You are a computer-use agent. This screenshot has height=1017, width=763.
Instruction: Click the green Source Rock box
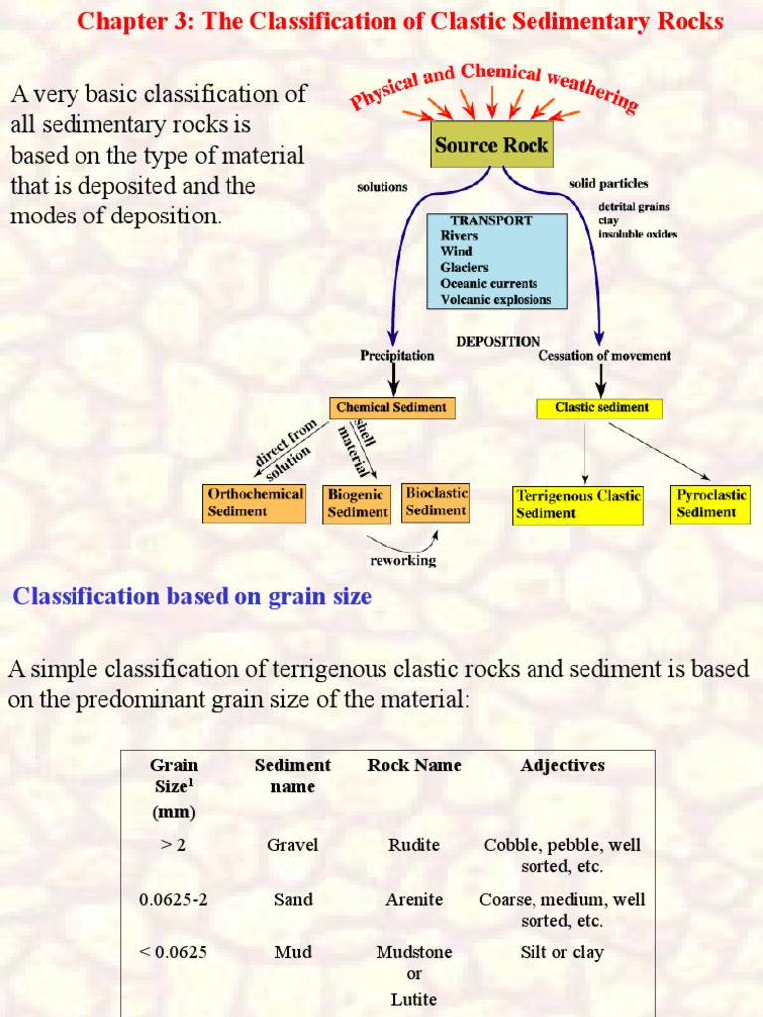tap(491, 145)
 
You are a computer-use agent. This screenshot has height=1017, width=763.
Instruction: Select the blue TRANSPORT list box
tap(497, 260)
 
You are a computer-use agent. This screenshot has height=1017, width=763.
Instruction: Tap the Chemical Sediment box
tap(392, 407)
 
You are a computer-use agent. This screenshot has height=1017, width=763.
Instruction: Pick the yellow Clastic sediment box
tap(599, 407)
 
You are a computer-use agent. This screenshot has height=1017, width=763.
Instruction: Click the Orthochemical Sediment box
tap(253, 503)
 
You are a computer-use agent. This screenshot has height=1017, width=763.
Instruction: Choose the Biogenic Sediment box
tap(358, 504)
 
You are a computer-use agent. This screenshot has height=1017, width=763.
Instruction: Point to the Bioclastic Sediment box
tap(436, 502)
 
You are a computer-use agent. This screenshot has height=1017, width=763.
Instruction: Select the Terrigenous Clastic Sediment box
tap(577, 505)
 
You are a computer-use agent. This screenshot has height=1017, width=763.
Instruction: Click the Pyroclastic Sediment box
tap(708, 504)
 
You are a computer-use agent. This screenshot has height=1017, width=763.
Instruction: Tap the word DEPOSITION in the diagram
tap(499, 341)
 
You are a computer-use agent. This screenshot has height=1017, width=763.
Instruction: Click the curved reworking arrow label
tap(402, 561)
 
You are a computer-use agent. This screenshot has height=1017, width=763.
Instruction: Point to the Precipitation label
tap(396, 355)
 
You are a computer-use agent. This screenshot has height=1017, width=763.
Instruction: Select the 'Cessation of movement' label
tap(604, 355)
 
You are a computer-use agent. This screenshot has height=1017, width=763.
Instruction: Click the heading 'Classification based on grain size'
tap(192, 596)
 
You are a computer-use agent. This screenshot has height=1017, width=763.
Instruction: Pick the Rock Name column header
tap(414, 765)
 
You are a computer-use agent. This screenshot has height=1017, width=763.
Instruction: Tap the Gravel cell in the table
tap(292, 845)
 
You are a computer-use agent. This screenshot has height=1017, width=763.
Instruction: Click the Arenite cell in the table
tap(414, 899)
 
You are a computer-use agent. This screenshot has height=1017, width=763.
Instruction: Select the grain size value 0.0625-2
tap(173, 899)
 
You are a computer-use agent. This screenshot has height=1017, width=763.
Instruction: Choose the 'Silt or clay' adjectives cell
tap(561, 952)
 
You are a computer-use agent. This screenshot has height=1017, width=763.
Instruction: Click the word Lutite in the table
tap(414, 999)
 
